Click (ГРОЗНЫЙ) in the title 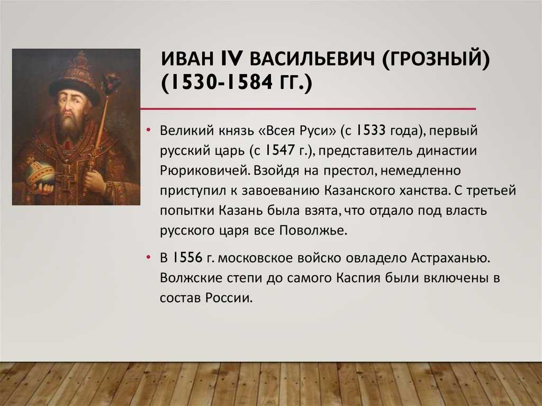coord(436,58)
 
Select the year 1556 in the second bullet coord(187,258)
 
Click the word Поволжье coord(312,231)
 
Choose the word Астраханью coord(450,258)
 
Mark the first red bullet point coord(148,131)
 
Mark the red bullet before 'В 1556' coord(148,258)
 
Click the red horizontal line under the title coord(308,109)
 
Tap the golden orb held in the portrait coord(40,173)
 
